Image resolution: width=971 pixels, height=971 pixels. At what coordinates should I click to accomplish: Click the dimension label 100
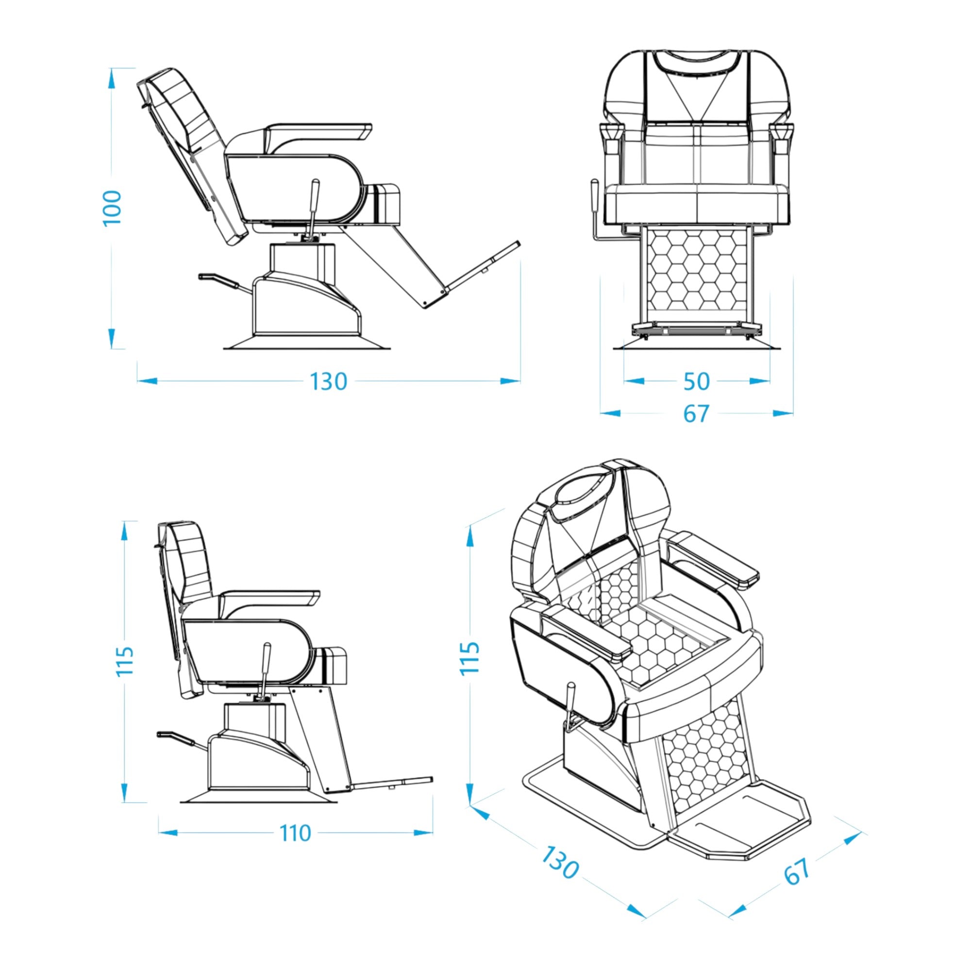[x=113, y=208]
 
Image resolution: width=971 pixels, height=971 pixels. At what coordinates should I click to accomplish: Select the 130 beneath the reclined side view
[x=328, y=382]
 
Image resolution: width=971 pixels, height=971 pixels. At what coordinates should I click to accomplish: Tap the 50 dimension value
[x=697, y=382]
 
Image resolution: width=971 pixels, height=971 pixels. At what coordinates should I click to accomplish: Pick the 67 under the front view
[x=696, y=414]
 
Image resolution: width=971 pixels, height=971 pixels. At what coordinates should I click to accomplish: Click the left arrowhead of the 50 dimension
[x=634, y=381]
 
